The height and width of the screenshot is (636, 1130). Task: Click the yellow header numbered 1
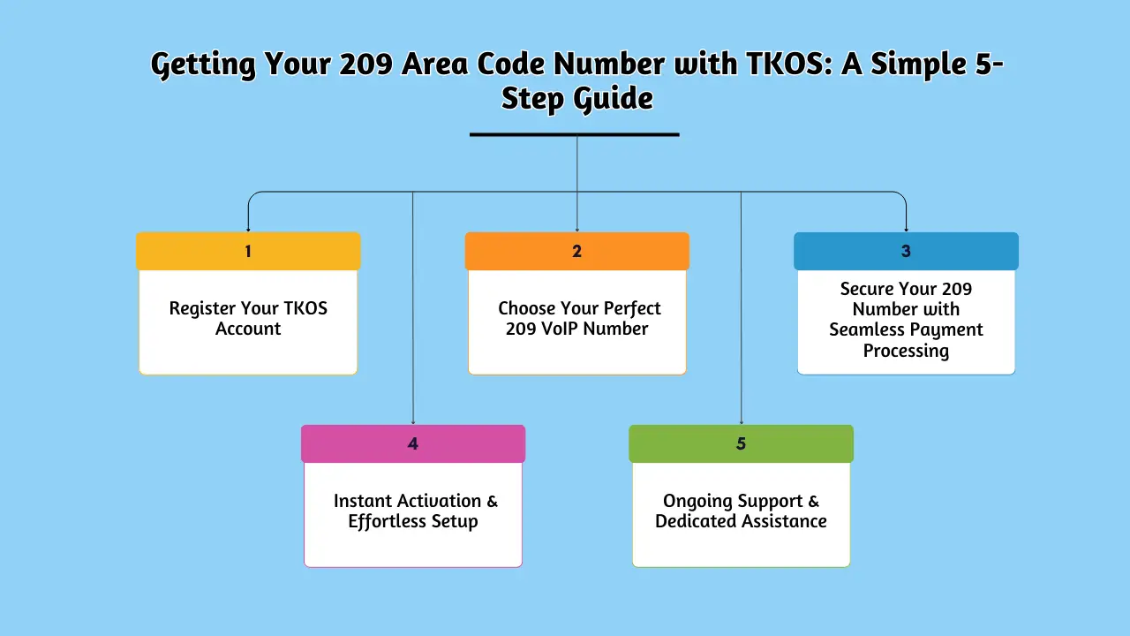(x=248, y=251)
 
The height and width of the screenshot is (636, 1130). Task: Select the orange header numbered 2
(x=576, y=251)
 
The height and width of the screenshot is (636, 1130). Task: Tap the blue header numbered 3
(x=906, y=251)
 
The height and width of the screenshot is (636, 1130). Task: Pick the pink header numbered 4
(x=412, y=443)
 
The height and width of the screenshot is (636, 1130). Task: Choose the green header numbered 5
(x=741, y=443)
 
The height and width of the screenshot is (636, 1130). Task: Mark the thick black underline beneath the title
(x=574, y=134)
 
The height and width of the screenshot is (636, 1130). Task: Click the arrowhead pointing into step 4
(x=412, y=422)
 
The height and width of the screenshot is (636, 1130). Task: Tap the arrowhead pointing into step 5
(x=741, y=422)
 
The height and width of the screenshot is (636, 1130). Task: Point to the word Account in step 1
(x=248, y=329)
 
